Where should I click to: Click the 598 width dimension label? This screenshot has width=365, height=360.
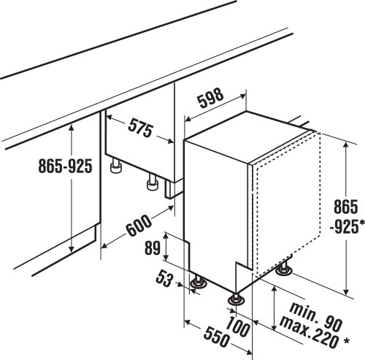(210, 98)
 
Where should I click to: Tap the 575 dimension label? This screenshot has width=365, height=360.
(140, 128)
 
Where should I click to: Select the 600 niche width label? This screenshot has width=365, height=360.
(139, 226)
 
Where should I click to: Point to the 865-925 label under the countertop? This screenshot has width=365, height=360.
(66, 166)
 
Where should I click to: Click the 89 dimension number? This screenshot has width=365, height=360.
(153, 248)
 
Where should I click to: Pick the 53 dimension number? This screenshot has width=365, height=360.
(165, 279)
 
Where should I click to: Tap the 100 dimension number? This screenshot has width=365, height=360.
(238, 327)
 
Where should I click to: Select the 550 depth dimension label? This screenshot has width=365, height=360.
(217, 337)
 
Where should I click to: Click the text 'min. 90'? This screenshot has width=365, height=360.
(316, 316)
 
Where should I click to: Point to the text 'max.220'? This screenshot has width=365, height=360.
(309, 332)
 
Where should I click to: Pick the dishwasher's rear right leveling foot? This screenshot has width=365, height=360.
(284, 269)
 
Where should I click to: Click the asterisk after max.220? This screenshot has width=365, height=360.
(345, 341)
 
